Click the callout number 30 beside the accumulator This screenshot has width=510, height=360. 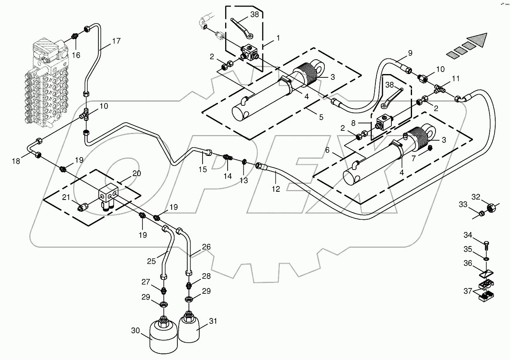[x=136, y=330]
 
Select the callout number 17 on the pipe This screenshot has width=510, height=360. [x=116, y=41]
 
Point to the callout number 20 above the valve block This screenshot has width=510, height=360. [x=137, y=174]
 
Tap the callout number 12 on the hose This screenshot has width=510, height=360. [x=276, y=189]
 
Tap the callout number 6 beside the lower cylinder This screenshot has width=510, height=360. [x=328, y=150]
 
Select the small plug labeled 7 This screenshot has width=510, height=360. [x=429, y=148]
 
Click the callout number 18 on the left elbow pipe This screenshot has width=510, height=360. [x=16, y=161]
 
